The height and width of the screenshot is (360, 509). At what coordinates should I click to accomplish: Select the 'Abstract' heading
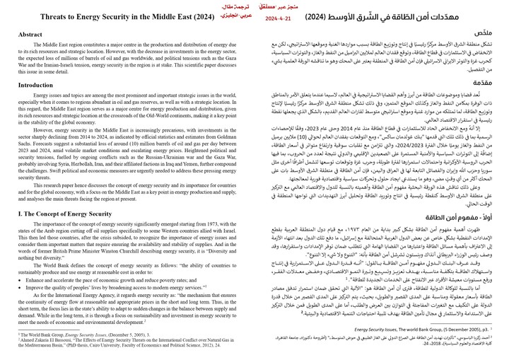coord(30,34)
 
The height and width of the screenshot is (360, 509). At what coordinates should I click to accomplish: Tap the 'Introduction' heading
coord(36,84)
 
